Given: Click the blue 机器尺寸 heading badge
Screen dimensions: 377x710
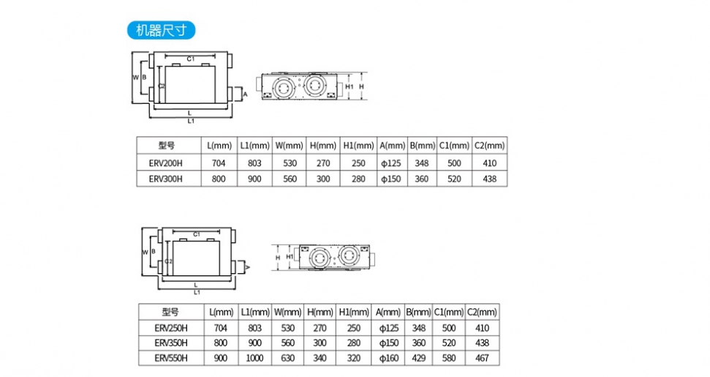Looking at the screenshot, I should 161,30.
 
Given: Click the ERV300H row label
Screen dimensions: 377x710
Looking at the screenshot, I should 165,178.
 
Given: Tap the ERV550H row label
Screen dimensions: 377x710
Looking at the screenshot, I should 171,359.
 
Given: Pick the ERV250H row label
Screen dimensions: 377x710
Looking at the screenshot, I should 171,327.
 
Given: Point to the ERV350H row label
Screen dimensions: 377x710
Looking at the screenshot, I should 171,343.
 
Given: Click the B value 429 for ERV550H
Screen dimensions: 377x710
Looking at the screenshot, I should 419,359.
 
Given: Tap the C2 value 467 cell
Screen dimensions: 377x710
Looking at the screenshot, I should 482,359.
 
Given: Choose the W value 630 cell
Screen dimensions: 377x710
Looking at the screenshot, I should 288,359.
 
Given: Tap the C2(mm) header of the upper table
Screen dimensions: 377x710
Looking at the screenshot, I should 488,145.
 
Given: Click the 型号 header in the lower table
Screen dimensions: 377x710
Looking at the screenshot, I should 171,312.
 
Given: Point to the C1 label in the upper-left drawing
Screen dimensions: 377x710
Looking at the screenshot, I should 189,58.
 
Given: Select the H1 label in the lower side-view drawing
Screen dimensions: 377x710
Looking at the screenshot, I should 290,257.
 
